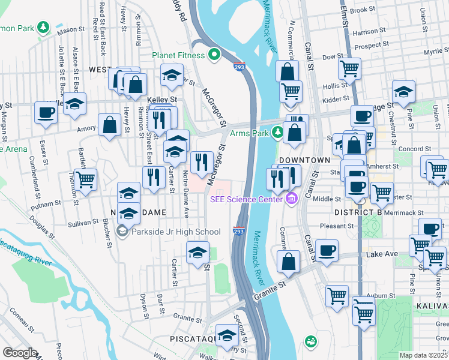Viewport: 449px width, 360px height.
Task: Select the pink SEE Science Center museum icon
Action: (x=292, y=198)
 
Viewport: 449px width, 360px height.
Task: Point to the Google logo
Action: (x=19, y=352)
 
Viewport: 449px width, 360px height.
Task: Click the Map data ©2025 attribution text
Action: (x=423, y=355)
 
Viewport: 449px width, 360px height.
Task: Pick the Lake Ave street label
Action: (x=382, y=254)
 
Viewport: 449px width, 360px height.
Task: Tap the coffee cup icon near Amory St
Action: (x=46, y=112)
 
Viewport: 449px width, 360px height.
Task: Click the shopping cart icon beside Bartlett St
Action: (x=86, y=178)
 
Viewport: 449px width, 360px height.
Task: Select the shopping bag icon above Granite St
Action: (x=289, y=261)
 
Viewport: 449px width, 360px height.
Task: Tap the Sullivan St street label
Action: (x=83, y=222)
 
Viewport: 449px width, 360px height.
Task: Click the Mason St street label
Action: (x=71, y=29)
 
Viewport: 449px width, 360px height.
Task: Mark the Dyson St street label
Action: (x=144, y=303)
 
